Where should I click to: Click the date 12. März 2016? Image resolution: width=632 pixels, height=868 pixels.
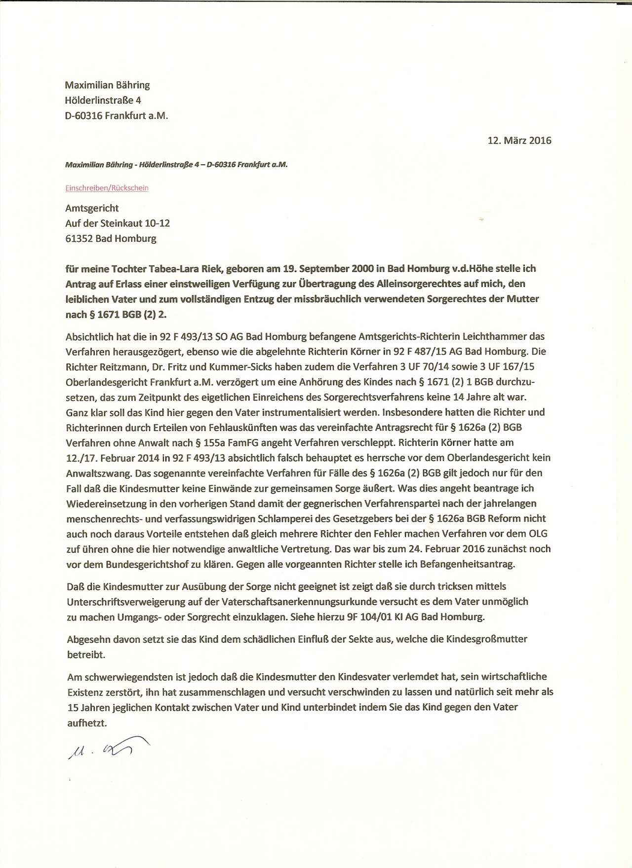pyautogui.click(x=519, y=140)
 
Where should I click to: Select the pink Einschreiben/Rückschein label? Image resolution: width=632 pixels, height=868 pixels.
pyautogui.click(x=107, y=188)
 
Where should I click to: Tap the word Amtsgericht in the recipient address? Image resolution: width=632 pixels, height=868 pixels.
pyautogui.click(x=92, y=208)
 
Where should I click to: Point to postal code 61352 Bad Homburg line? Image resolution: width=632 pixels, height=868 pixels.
pyautogui.click(x=111, y=239)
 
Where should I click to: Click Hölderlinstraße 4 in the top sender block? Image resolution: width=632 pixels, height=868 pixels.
pyautogui.click(x=103, y=100)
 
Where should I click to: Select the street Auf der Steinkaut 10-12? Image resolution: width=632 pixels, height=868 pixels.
pyautogui.click(x=118, y=223)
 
